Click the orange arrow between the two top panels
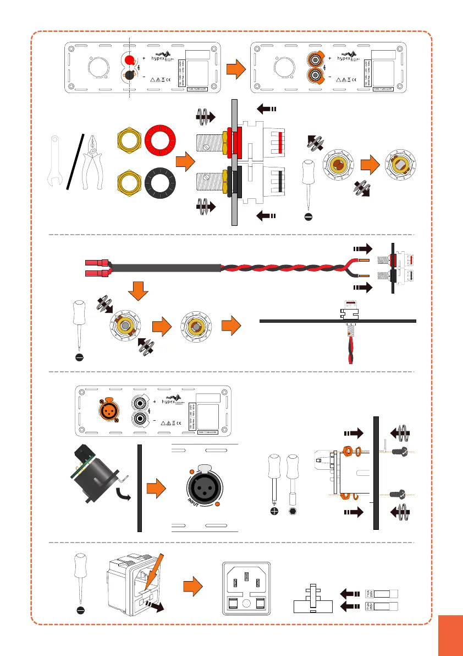tap(235, 69)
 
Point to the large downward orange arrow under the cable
tap(141, 290)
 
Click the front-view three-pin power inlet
tap(246, 589)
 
